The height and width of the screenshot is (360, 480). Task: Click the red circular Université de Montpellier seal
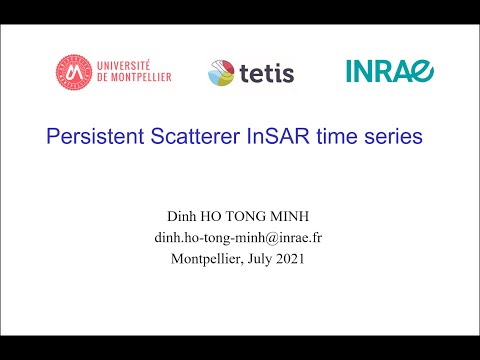click(x=72, y=69)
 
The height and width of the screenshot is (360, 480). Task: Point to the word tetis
click(x=266, y=71)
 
